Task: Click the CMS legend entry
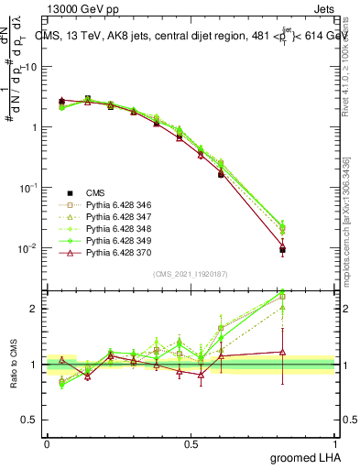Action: (95, 192)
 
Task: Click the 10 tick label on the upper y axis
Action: (32, 67)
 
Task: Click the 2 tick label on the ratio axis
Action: (36, 309)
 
